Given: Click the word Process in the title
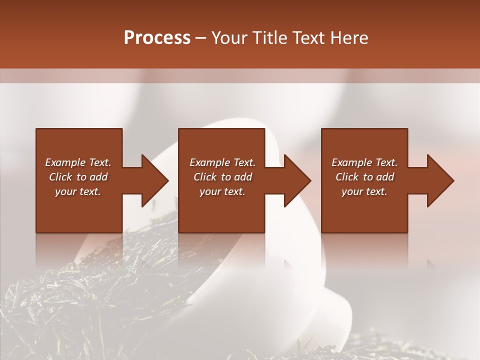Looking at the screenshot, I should (157, 38).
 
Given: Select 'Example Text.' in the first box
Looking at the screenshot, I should (78, 162).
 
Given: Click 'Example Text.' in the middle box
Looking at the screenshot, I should (222, 162).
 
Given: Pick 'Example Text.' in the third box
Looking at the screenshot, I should (364, 162).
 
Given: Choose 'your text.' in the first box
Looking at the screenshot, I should (78, 191).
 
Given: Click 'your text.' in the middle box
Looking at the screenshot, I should (222, 191).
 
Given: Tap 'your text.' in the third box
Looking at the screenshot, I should (364, 191).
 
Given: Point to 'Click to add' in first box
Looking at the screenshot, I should (78, 177).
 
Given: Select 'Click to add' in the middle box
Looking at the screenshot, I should (222, 177).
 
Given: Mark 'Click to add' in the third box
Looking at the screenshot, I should (364, 177).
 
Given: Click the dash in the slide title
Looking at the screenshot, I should (201, 38).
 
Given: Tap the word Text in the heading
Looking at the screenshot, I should (308, 38).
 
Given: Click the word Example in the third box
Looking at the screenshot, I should (352, 162).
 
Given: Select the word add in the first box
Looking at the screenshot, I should (98, 177).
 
